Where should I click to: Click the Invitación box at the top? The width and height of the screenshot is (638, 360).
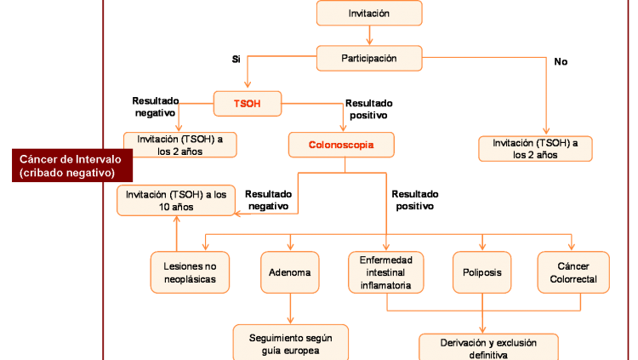[x=369, y=13]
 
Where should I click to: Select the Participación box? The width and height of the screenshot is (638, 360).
[x=369, y=58]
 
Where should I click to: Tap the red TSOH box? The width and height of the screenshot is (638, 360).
[x=248, y=104]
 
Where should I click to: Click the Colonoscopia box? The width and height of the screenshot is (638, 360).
[x=341, y=145]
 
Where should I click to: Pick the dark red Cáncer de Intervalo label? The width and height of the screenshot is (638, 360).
[x=72, y=165]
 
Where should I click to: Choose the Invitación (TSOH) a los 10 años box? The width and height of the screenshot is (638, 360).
[x=176, y=200]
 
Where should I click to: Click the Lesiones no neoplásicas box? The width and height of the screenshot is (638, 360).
[x=190, y=272]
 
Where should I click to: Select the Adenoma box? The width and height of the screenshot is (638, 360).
[x=290, y=272]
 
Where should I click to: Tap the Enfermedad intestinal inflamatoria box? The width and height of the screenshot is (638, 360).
[x=385, y=272]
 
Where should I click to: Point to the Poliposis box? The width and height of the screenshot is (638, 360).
[x=482, y=272]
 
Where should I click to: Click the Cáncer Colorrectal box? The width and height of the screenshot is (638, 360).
[x=573, y=272]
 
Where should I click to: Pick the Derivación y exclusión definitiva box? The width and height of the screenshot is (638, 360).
[x=488, y=347]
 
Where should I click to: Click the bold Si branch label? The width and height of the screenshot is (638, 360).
[x=236, y=60]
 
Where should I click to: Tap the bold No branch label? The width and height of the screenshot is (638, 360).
[x=561, y=61]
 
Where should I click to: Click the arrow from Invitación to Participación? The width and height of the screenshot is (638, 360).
[x=369, y=36]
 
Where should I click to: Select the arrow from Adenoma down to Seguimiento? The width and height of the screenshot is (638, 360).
[x=291, y=309]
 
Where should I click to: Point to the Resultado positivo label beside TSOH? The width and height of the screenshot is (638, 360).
[x=368, y=109]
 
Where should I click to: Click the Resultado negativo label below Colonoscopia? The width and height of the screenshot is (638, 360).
[x=269, y=200]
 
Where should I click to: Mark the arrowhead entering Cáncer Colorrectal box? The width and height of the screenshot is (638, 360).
[x=572, y=247]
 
